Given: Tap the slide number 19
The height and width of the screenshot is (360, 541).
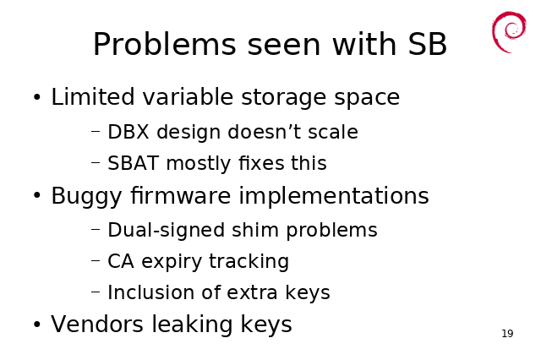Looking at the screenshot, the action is point(507,334).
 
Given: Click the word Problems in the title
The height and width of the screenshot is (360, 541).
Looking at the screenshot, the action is point(165,44).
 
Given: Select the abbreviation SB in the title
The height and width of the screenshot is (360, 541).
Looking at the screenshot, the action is point(427,44).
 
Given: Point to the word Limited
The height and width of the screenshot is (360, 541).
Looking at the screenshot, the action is point(92,96).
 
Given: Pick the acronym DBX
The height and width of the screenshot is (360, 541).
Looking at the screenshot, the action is point(128,132).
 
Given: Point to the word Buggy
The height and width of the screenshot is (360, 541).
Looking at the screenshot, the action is point(86,197).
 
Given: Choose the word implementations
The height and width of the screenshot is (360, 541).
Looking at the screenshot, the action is point(334,196).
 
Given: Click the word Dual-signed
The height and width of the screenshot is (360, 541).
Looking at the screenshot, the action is point(167,231).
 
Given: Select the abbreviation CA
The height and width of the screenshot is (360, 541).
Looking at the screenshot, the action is point(121,261).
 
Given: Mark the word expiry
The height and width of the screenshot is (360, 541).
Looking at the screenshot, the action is point(172,262).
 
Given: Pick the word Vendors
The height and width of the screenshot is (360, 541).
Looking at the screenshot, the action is point(97,325).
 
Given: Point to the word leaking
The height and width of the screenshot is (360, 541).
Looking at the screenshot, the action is point(192,325).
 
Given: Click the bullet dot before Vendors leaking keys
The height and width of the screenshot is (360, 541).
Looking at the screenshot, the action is point(37,325).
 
